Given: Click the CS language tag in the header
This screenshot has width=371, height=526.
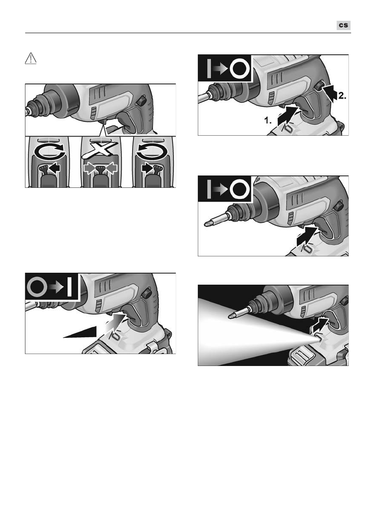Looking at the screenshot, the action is tap(344, 26).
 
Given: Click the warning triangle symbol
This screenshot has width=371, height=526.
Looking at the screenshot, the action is tap(30, 58).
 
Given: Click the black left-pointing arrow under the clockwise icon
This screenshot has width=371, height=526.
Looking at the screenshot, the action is tap(54, 168).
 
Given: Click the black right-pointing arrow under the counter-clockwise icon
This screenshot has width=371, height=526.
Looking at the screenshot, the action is tap(148, 168).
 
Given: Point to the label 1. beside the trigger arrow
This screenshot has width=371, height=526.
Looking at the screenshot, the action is tap(268, 121).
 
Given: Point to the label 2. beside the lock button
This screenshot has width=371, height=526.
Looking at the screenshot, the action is tap(342, 95).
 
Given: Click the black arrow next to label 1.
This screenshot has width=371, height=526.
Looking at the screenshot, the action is tap(288, 116).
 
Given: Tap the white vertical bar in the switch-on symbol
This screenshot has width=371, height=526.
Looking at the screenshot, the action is tap(70, 287).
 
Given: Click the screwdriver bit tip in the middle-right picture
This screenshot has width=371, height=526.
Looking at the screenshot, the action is tap(207, 223).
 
